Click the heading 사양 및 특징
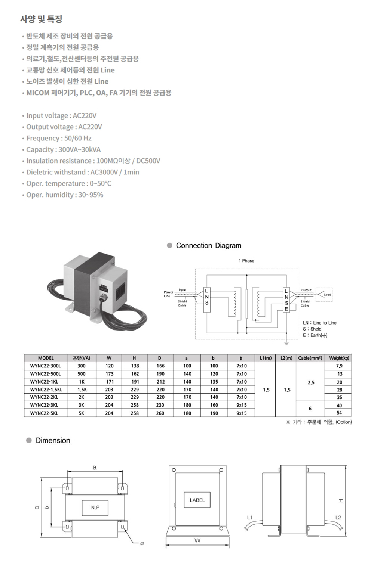click(41, 19)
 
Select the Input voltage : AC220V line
click(61, 115)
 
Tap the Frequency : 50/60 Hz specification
click(59, 138)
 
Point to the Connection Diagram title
click(208, 246)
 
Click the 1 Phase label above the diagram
click(246, 261)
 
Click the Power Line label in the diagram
click(168, 294)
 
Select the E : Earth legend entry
click(315, 335)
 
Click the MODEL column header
click(46, 358)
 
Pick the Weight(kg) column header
click(339, 358)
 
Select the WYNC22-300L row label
click(45, 366)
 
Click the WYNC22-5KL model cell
click(44, 413)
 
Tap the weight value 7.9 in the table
click(339, 366)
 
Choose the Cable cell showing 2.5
click(311, 382)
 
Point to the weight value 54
click(339, 413)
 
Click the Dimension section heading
click(53, 441)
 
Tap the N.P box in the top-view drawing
click(95, 508)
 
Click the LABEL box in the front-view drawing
click(197, 500)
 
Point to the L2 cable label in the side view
click(338, 517)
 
